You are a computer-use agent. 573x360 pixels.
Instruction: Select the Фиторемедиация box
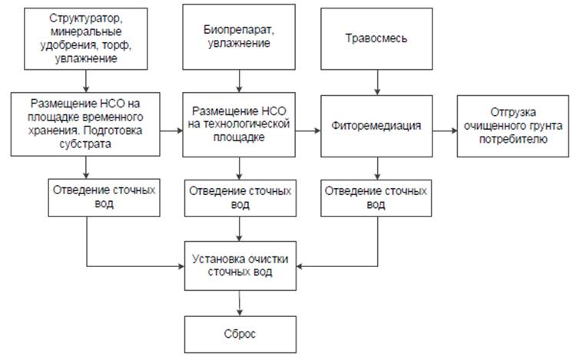[375, 125]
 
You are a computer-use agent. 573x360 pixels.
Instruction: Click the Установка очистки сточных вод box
[240, 266]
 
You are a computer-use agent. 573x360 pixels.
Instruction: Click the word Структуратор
[84, 17]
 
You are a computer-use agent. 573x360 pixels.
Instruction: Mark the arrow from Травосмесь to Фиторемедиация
[375, 83]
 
